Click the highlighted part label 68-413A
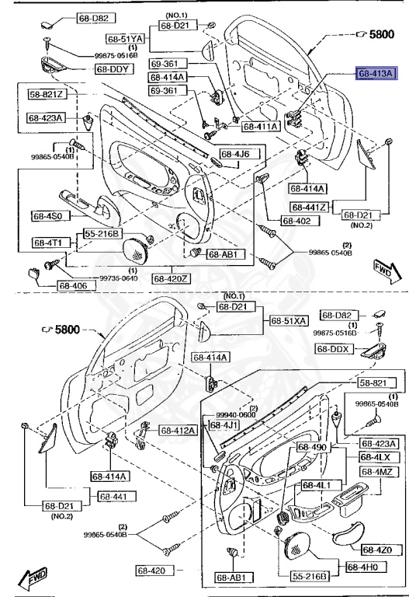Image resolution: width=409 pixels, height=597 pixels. [376, 74]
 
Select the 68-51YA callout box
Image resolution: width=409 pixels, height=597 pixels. [126, 38]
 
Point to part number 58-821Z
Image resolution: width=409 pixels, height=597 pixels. [48, 94]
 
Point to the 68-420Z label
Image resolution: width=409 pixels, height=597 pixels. [171, 278]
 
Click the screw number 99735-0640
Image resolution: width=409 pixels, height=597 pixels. [95, 278]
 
